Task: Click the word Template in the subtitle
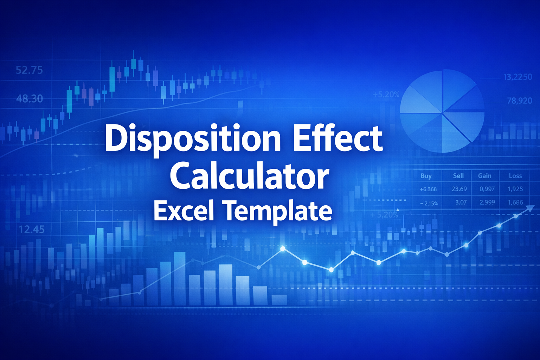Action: coord(278,211)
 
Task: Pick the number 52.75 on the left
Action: coord(29,70)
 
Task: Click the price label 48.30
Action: coord(30,99)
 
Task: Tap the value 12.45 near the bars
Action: coord(32,230)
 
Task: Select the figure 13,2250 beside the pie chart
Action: coord(517,77)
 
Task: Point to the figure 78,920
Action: coord(519,101)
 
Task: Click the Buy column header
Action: coord(426,176)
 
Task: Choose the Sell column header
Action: coord(458,176)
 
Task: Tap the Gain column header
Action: coord(484,176)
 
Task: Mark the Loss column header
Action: coord(515,176)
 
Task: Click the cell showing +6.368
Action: coord(428,189)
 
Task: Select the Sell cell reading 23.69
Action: coord(459,189)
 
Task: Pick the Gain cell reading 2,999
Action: coord(487,202)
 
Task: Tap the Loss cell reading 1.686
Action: coord(515,202)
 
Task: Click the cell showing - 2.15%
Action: coord(429,203)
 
